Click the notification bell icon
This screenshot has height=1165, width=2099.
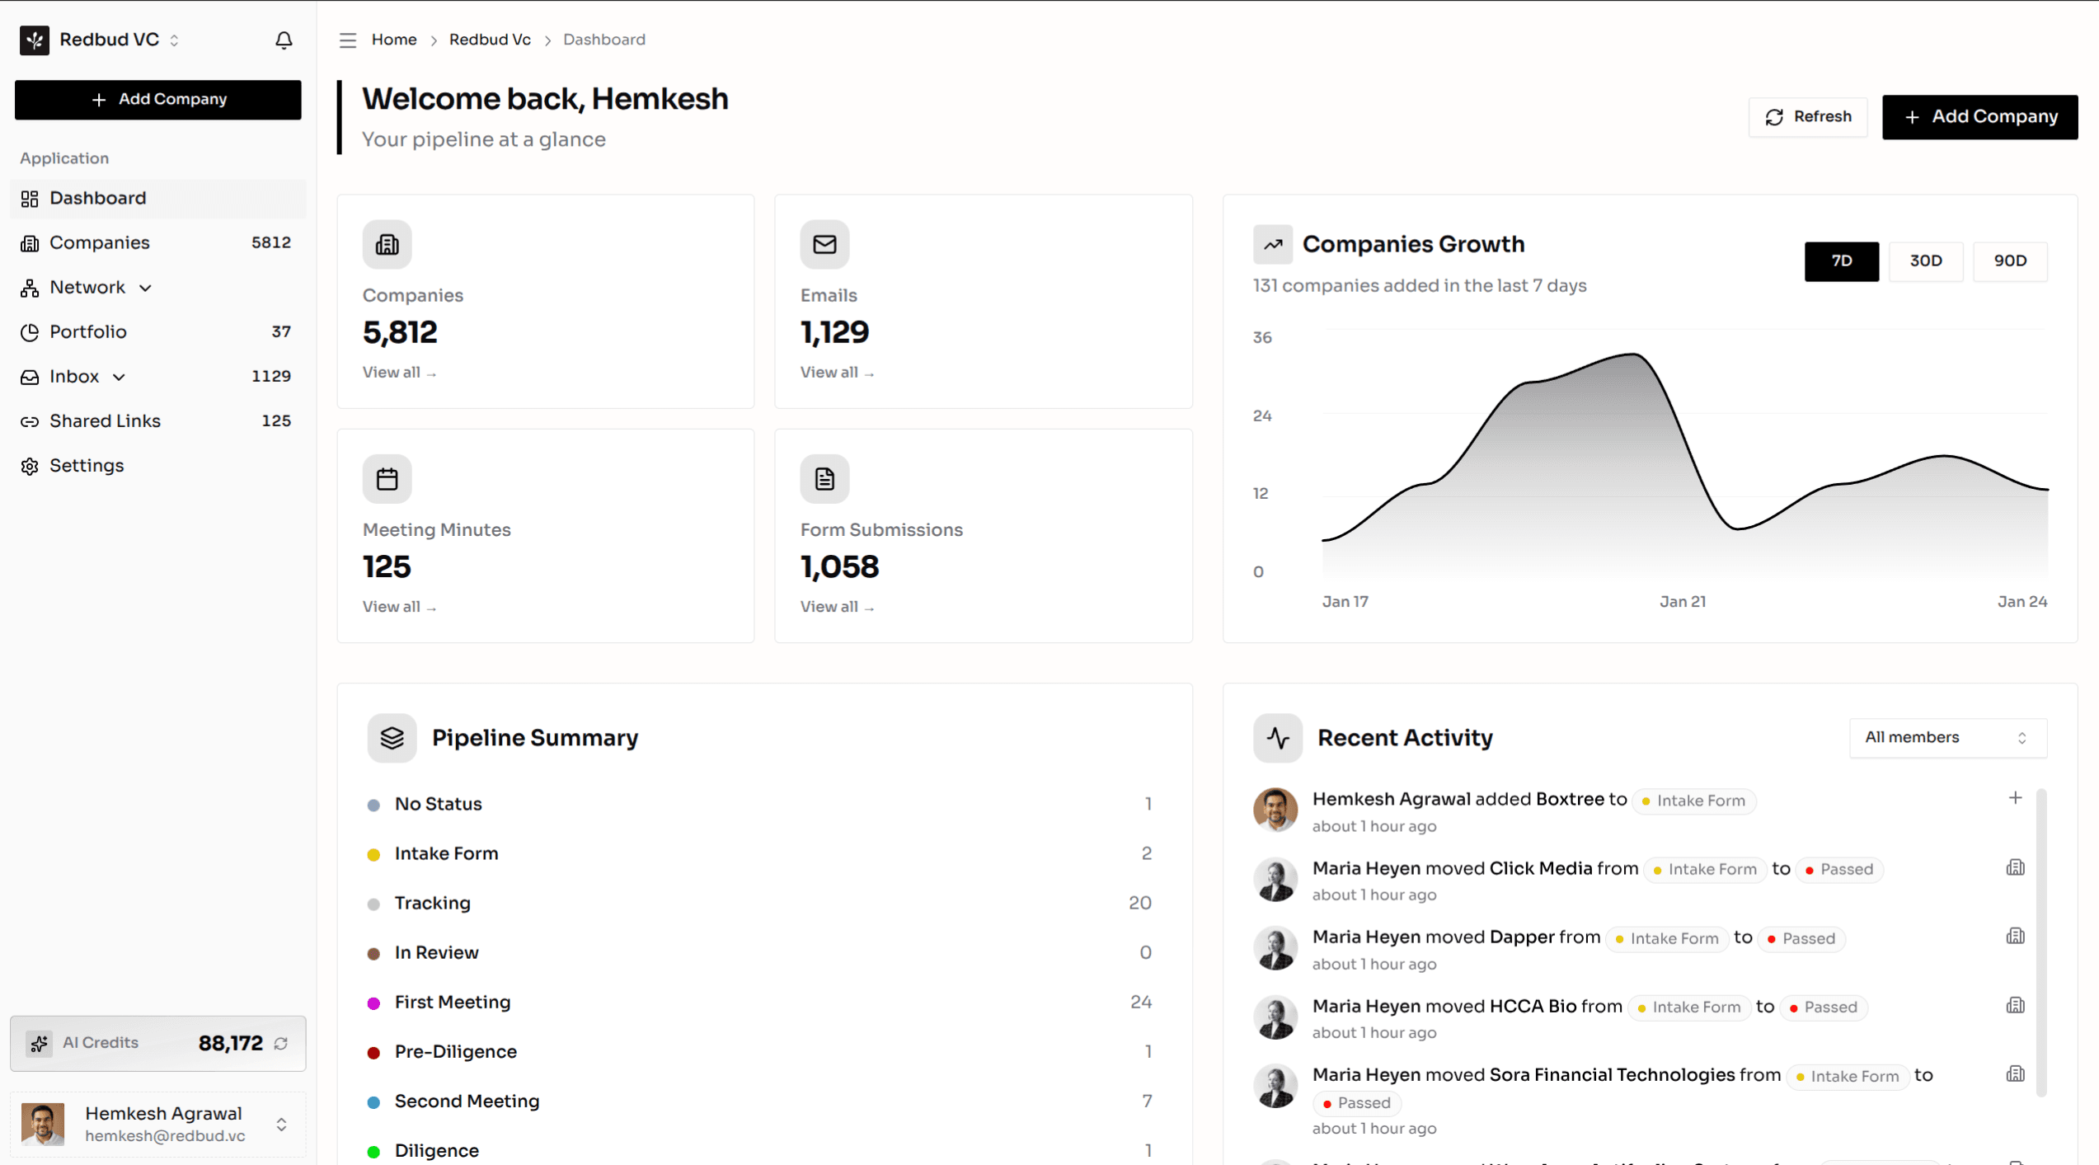coord(284,40)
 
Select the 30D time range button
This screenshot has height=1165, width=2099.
coord(1925,261)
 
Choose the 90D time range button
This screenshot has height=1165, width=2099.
coord(2009,261)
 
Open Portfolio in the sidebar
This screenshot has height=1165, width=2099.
coord(88,331)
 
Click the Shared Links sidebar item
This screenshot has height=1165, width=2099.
coord(105,420)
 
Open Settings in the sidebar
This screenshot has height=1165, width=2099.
coord(87,465)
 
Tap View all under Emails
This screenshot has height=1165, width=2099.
coord(836,372)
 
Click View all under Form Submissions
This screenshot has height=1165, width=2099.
coord(836,606)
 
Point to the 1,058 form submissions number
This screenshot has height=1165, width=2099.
coord(839,566)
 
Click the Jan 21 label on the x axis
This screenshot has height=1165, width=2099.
coord(1682,601)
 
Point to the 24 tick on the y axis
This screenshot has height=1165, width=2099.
coord(1261,416)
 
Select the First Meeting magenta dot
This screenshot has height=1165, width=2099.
coord(373,1003)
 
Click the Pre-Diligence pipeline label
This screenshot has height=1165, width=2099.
coord(455,1051)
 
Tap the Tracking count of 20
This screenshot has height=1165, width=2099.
coord(1139,903)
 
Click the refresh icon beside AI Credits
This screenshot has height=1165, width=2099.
coord(281,1043)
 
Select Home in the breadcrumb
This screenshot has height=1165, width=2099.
coord(394,40)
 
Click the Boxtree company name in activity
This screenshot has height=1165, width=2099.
coord(1570,799)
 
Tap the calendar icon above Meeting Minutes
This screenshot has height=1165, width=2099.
coord(387,478)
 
